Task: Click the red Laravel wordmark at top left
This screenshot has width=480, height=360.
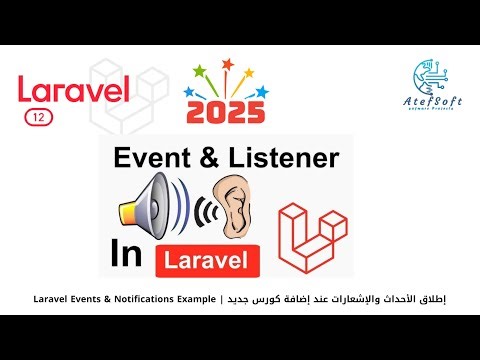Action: [74, 90]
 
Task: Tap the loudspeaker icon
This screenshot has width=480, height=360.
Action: [149, 203]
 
